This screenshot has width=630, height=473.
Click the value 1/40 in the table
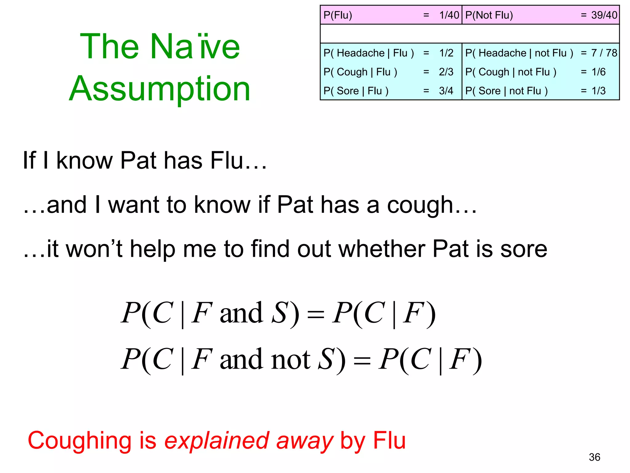click(449, 15)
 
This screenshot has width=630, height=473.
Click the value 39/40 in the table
click(604, 15)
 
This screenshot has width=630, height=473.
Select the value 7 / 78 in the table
click(604, 53)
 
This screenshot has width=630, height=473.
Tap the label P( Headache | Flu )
click(369, 53)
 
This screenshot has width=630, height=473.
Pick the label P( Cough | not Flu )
click(511, 72)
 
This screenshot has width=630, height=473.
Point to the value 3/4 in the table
click(446, 91)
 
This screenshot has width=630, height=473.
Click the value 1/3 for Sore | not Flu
click(598, 91)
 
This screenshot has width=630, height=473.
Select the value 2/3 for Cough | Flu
click(446, 72)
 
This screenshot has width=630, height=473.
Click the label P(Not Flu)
click(489, 15)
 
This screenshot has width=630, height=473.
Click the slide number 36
click(594, 457)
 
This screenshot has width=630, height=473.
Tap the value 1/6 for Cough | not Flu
click(598, 72)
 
